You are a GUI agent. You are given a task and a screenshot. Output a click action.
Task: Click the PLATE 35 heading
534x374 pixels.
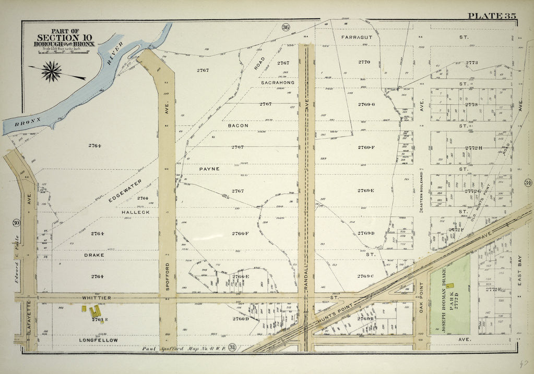tap(492, 15)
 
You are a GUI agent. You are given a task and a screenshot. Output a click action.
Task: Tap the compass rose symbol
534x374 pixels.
tap(52, 71)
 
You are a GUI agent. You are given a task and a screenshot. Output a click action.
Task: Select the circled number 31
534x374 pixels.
tap(232, 348)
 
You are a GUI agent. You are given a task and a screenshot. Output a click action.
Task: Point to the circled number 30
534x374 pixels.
tap(16, 223)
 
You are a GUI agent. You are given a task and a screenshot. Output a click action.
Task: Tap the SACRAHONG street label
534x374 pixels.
tap(277, 82)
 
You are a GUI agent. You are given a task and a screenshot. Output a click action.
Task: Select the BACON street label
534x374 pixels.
tap(238, 126)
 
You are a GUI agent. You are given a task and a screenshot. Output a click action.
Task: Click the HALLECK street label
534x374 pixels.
tap(136, 213)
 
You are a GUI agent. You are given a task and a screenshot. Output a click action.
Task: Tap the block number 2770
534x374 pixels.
tap(364, 62)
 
